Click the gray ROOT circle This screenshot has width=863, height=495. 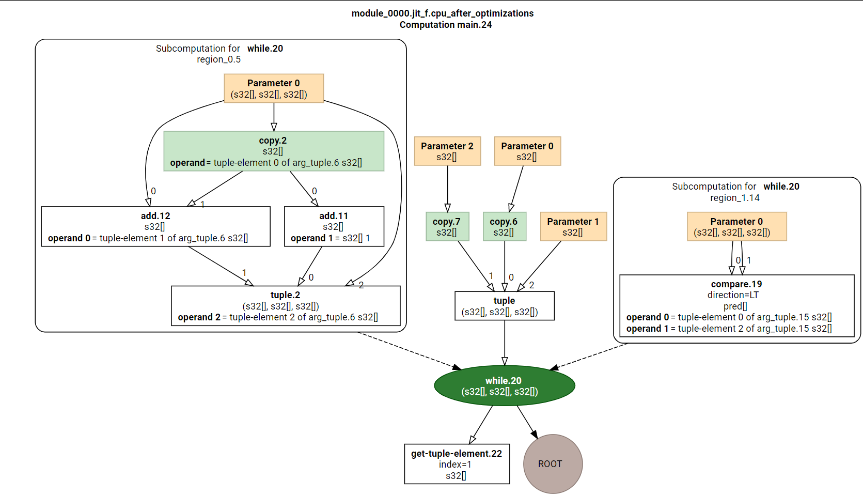click(553, 463)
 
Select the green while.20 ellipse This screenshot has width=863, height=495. click(504, 385)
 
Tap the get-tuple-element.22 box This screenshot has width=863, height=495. click(457, 463)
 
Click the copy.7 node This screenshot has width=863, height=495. click(447, 226)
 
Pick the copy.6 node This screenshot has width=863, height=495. click(504, 226)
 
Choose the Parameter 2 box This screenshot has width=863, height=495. click(447, 151)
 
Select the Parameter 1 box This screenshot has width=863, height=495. click(573, 226)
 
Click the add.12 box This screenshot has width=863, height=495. click(155, 226)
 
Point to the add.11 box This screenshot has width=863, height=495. click(334, 226)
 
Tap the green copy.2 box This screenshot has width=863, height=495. click(273, 151)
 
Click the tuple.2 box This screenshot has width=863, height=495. click(285, 305)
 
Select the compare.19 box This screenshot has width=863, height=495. click(736, 305)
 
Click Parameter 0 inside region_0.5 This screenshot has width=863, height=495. click(273, 88)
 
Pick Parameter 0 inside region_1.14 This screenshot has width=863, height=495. click(736, 226)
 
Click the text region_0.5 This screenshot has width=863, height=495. click(218, 59)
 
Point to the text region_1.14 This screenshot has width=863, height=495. click(734, 198)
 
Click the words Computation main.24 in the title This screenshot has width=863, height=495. click(445, 25)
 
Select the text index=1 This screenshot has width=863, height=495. click(455, 465)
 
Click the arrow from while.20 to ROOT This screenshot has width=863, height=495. click(527, 422)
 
